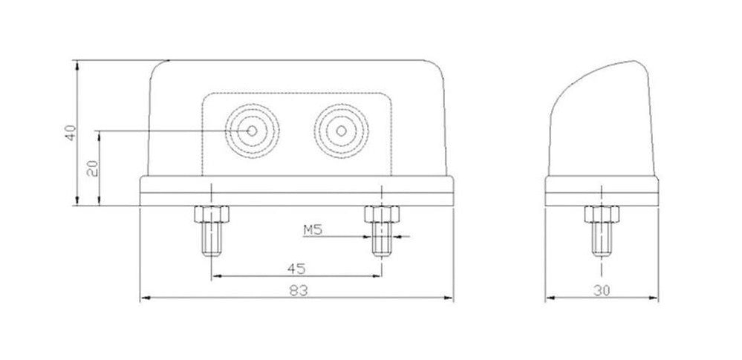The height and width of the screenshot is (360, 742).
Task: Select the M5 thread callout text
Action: click(313, 230)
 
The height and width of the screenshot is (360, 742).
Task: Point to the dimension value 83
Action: click(296, 291)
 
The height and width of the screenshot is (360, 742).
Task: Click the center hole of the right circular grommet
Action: click(341, 131)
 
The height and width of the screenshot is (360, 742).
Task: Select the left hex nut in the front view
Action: click(212, 215)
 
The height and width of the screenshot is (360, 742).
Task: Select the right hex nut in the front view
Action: click(380, 215)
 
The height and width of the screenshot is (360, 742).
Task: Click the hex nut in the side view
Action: click(600, 215)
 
